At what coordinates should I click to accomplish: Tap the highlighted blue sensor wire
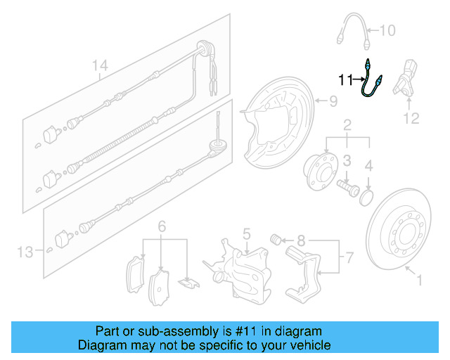368,83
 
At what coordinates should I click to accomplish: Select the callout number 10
387,30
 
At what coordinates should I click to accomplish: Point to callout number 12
411,118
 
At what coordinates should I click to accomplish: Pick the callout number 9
333,101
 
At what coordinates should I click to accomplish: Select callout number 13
25,251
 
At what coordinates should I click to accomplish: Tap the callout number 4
369,167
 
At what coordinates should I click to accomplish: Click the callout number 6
162,226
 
